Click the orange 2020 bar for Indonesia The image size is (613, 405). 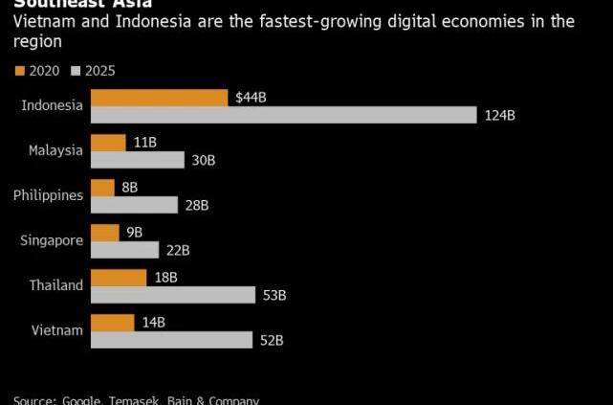point(159,98)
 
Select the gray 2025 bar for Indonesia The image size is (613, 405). point(283,115)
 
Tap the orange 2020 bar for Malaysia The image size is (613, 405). point(108,143)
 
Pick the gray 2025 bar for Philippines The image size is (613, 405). point(134,205)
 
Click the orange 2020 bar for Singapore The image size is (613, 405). point(105,233)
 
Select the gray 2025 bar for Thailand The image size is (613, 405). point(173,295)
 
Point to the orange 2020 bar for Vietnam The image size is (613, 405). point(112,323)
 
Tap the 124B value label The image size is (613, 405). point(499,116)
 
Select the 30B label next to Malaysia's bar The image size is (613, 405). point(203,161)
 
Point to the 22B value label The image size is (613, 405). point(178,250)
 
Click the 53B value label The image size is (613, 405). point(274,295)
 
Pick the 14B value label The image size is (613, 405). point(153,323)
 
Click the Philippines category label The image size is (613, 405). point(49,195)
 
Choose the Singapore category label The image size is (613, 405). point(52,240)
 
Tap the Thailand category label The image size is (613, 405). point(56,285)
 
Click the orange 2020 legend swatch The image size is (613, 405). point(20,70)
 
